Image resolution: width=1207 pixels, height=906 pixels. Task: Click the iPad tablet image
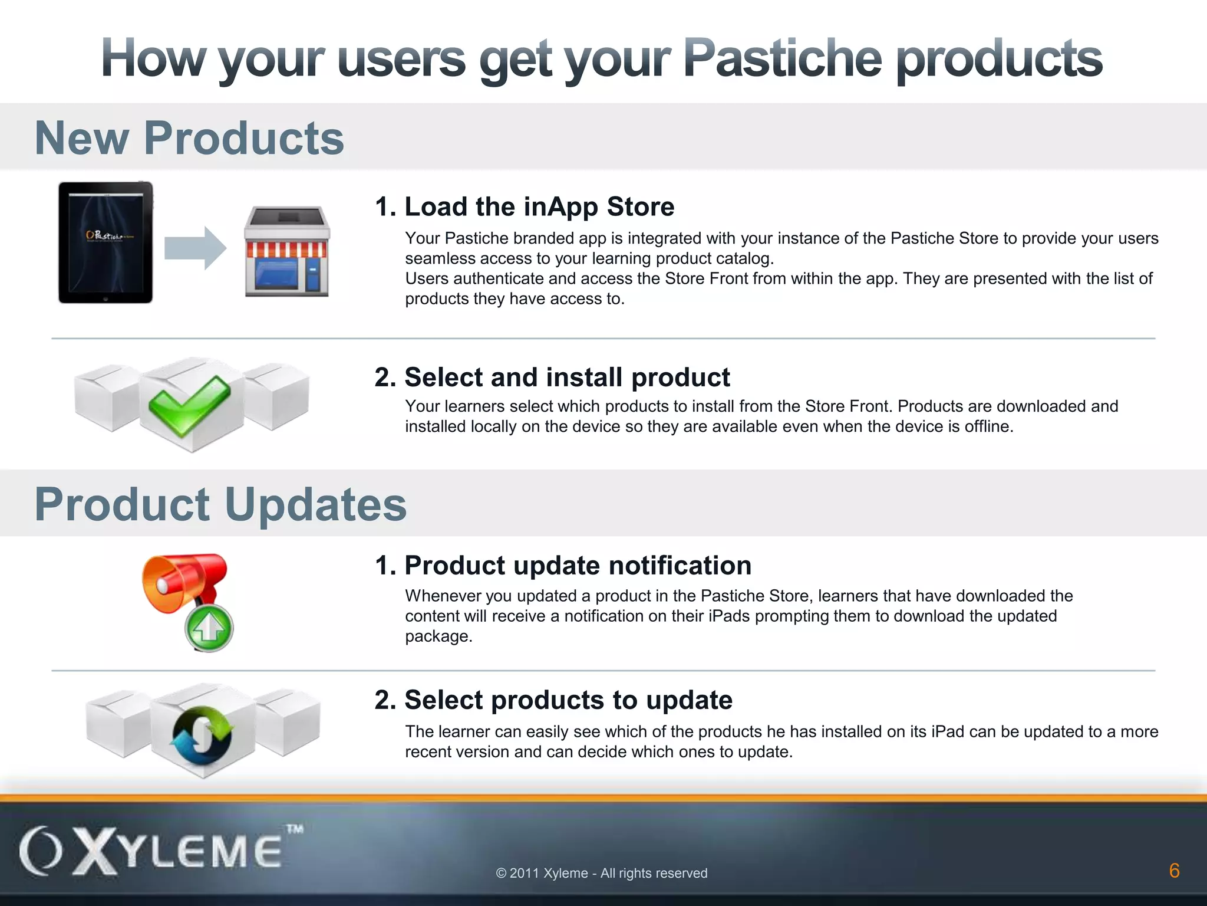pyautogui.click(x=105, y=242)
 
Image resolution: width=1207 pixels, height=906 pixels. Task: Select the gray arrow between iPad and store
pyautogui.click(x=195, y=248)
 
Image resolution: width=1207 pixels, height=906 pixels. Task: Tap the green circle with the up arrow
pyautogui.click(x=209, y=628)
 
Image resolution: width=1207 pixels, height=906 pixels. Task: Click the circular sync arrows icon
pyautogui.click(x=202, y=734)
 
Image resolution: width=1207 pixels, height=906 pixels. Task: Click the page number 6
pyautogui.click(x=1174, y=871)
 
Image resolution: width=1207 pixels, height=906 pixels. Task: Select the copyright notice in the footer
pyautogui.click(x=602, y=873)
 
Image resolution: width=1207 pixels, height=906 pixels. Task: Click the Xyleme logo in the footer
pyautogui.click(x=153, y=851)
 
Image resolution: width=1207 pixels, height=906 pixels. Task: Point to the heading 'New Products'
pyautogui.click(x=189, y=138)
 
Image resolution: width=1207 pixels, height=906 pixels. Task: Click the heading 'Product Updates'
pyautogui.click(x=220, y=505)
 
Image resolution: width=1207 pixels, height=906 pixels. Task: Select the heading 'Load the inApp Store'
pyautogui.click(x=525, y=206)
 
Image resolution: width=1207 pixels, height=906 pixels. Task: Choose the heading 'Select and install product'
pyautogui.click(x=552, y=377)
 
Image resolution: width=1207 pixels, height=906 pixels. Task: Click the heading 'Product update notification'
pyautogui.click(x=563, y=565)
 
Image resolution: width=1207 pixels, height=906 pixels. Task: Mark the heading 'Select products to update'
pyautogui.click(x=553, y=700)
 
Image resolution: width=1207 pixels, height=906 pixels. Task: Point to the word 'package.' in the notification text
pyautogui.click(x=438, y=636)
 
